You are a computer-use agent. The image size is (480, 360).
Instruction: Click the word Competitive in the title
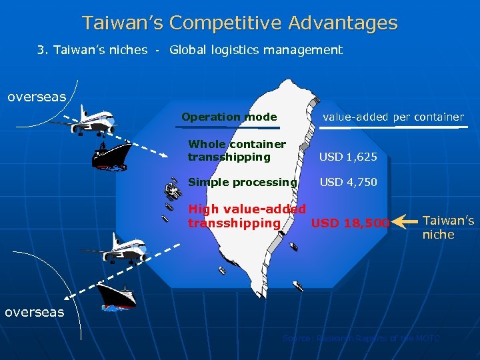pos(226,23)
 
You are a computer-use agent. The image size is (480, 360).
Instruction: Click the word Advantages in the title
pos(343,23)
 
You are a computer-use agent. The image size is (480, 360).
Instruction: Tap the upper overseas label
pos(37,97)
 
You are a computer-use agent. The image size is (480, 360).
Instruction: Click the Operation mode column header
pos(229,117)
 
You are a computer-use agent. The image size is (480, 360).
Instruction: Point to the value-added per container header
pos(393,117)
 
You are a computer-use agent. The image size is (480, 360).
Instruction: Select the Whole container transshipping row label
pos(237,151)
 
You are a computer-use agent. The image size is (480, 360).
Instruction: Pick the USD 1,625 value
pos(348,157)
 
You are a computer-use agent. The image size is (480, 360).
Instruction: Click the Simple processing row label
pos(242,182)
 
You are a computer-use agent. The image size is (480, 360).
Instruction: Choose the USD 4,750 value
pos(348,182)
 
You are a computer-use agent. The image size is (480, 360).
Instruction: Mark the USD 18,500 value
pos(350,223)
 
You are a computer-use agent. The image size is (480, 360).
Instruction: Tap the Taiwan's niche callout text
pos(448,227)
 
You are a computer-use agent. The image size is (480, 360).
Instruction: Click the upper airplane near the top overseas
pos(87,119)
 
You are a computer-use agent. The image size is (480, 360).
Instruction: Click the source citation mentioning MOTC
pos(361,339)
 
